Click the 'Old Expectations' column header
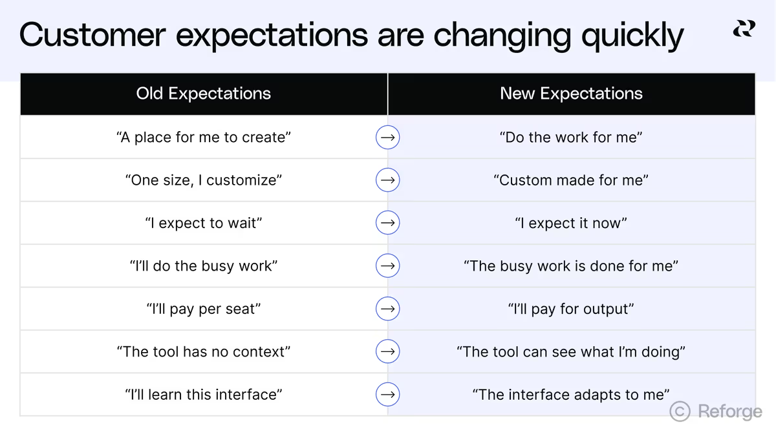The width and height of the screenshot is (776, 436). [x=203, y=94]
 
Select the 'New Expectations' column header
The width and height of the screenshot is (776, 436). [x=571, y=94]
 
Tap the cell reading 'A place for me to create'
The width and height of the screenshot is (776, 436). [x=204, y=138]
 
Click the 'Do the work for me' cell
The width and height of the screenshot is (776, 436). [x=571, y=138]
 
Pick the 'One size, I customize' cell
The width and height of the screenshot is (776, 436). [x=204, y=180]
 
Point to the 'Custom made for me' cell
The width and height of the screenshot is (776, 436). [x=571, y=180]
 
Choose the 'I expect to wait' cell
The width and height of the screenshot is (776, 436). [x=204, y=223]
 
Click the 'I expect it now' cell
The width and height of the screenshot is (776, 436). [x=571, y=223]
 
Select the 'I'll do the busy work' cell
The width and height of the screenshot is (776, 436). [x=204, y=266]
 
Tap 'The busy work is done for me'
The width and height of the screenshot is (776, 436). [x=571, y=266]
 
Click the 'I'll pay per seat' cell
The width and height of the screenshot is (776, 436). [x=204, y=309]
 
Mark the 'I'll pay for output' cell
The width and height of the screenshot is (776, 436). [x=571, y=309]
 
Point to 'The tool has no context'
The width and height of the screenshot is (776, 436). [x=204, y=352]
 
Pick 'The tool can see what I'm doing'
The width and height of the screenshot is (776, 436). [x=571, y=352]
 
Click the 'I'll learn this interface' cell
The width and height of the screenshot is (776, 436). [x=204, y=395]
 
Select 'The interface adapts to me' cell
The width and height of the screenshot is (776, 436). [x=571, y=395]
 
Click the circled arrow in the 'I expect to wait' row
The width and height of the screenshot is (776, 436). [x=387, y=223]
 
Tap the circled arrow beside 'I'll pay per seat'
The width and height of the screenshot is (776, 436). [x=387, y=309]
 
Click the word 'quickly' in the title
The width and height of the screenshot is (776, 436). [x=632, y=36]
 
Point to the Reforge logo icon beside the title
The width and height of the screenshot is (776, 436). [x=744, y=28]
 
